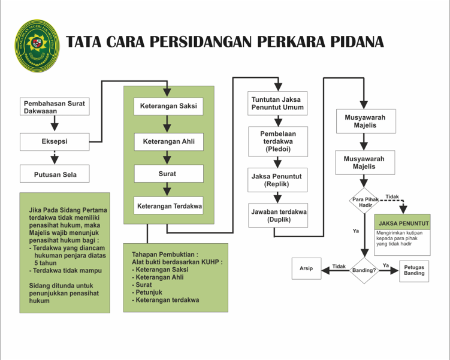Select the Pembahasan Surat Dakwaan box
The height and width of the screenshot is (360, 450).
55,107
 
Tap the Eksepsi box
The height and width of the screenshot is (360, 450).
55,142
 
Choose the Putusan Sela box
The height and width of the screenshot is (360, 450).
55,175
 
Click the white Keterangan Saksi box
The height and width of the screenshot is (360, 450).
168,107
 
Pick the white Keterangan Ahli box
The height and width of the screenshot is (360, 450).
168,142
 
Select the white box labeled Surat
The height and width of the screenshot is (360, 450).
168,174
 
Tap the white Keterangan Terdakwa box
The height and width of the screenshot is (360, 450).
168,205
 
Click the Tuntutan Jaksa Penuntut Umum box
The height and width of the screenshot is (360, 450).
278,104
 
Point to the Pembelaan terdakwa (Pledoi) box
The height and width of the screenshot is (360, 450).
278,141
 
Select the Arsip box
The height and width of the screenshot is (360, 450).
306,269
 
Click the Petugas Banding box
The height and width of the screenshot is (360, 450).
414,270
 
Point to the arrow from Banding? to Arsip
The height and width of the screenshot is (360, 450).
336,271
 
